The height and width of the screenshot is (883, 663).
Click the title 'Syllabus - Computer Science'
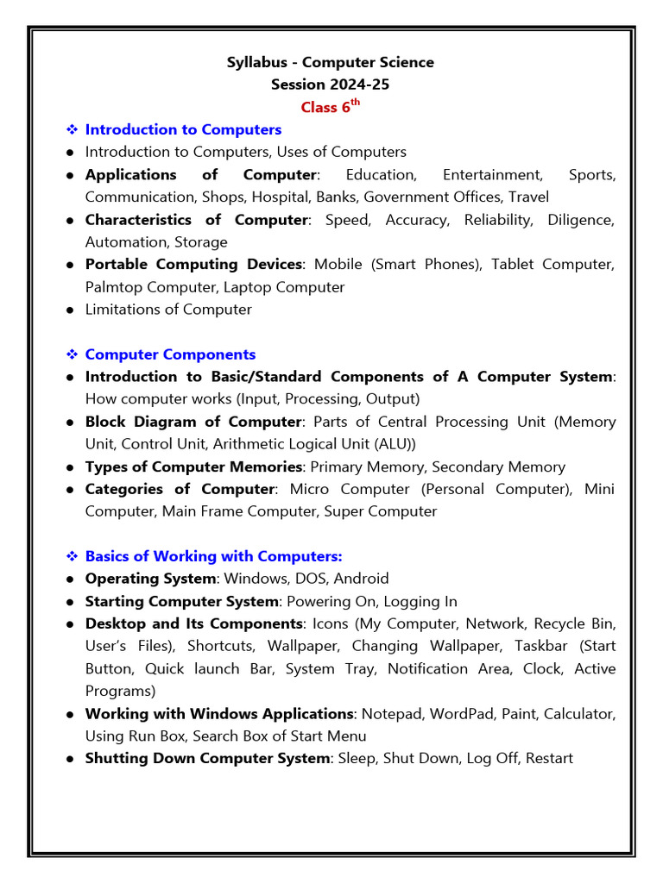331,62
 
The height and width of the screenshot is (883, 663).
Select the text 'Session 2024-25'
331,85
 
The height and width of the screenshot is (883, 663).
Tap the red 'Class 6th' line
330,107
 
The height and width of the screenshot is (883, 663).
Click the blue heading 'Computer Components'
170,354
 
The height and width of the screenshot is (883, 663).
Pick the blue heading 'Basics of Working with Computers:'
213,556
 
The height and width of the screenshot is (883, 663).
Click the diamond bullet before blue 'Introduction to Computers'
73,129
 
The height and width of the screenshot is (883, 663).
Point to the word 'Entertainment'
492,174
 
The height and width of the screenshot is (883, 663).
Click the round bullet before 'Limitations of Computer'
70,310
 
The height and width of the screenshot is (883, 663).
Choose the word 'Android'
361,579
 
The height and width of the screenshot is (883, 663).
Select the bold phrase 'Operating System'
150,579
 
